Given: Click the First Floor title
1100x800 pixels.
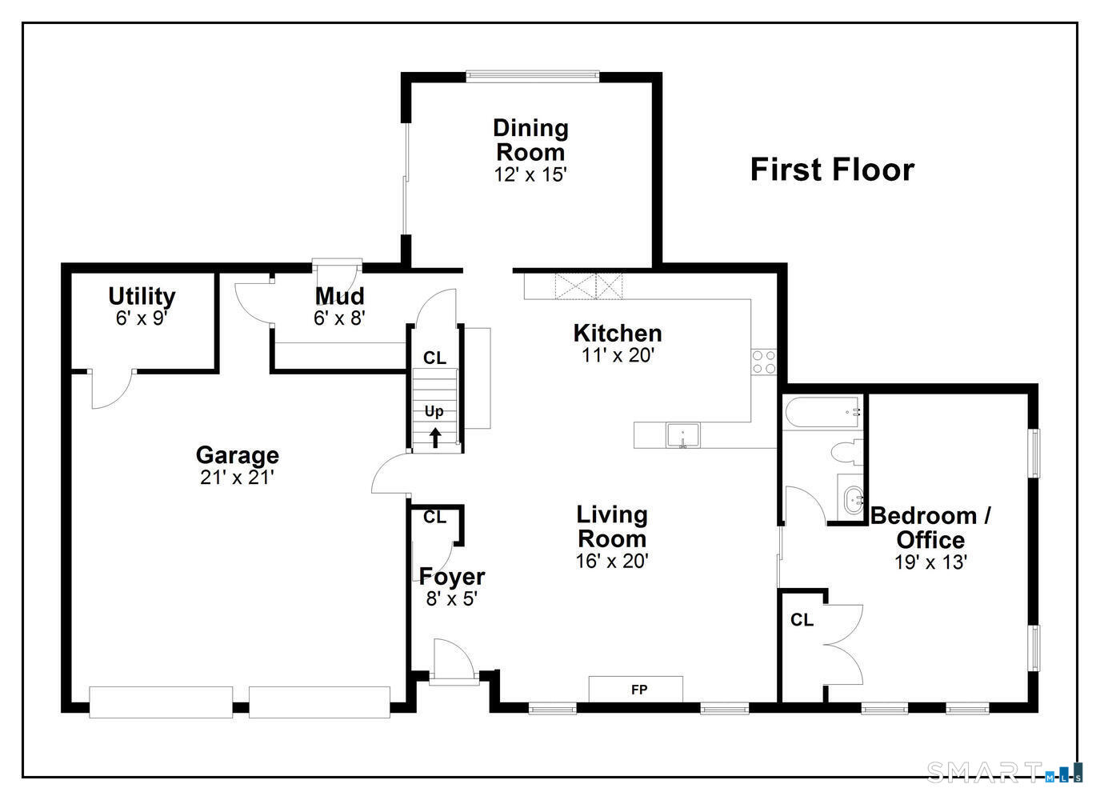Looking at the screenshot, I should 832,170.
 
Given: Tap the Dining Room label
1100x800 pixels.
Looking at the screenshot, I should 530,140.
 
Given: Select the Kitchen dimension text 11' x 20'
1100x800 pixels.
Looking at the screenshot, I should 618,355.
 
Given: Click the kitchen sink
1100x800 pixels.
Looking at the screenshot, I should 682,435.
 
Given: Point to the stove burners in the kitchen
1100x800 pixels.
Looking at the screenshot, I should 763,362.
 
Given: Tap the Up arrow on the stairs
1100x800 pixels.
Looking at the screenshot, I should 435,437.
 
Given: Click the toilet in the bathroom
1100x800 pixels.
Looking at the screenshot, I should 846,453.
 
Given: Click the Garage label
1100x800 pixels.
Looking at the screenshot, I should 238,455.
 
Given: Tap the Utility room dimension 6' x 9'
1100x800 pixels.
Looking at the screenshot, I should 142,318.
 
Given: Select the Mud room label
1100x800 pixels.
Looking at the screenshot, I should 339,296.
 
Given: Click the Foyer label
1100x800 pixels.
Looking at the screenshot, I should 452,576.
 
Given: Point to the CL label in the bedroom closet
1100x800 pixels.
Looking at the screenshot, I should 802,620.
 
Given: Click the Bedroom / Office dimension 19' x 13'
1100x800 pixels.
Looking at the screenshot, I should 930,562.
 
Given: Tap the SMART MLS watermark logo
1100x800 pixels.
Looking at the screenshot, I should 1004,772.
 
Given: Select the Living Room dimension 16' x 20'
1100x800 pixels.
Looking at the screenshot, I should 612,562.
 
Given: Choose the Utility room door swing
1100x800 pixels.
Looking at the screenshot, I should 110,390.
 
